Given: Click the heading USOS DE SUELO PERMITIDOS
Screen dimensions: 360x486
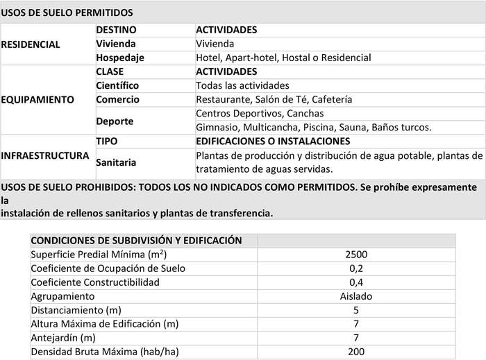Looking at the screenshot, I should click(67, 13).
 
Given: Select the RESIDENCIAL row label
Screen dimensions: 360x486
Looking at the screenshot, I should click(31, 44).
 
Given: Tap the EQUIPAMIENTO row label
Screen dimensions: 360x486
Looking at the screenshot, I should click(38, 99).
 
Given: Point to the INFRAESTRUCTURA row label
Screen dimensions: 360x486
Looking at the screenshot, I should click(45, 155).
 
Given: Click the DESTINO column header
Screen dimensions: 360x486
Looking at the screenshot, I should click(116, 30).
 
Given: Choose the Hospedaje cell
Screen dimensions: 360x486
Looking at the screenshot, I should click(119, 58).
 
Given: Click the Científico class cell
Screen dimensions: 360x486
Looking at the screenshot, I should click(117, 85).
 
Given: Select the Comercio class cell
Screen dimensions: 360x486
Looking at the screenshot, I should click(117, 99).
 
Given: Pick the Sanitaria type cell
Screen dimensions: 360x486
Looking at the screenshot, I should click(116, 162).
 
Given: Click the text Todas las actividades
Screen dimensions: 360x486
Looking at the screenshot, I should click(242, 85).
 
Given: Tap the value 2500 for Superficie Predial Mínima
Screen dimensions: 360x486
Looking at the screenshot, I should click(356, 255).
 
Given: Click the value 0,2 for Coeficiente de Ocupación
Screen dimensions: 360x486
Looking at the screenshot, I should click(356, 268).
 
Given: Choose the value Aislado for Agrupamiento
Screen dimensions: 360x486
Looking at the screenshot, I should click(356, 296).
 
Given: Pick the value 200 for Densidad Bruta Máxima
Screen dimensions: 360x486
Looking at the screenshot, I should click(356, 352).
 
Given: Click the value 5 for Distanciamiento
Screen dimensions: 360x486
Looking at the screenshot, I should click(356, 310).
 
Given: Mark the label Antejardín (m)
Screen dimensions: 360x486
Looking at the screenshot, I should click(63, 338).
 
